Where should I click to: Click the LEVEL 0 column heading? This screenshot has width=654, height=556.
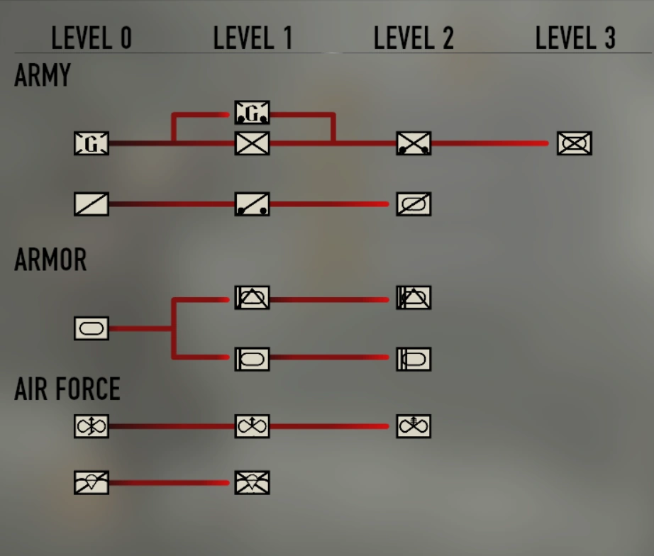pos(92,38)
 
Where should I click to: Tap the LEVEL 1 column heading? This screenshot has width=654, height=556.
pos(253,38)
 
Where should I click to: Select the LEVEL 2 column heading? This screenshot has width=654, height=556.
pos(414,38)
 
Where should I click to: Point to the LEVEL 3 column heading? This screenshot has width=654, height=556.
pos(575,38)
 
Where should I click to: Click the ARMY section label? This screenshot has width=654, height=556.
pos(43,75)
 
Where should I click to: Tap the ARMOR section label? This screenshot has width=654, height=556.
pos(50,260)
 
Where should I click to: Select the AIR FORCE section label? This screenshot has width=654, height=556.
pos(67,389)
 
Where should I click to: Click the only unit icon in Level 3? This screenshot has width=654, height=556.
pos(574,143)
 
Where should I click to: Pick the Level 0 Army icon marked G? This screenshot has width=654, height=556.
pos(92,144)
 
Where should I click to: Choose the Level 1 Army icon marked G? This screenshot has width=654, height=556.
pos(252,112)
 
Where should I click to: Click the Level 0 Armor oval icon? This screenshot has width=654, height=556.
pos(92,328)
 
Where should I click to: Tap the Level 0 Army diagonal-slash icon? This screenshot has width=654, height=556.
pos(92,204)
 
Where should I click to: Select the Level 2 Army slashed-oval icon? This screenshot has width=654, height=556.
pos(414,204)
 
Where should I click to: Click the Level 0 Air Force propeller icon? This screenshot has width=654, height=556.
pos(92,426)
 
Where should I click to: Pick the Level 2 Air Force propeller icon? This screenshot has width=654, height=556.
pos(414,426)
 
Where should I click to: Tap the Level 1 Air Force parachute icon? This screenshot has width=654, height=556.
pos(252,483)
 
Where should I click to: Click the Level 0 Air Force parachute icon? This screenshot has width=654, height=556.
pos(92,483)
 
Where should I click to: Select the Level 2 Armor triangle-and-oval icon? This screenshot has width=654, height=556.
pos(414,298)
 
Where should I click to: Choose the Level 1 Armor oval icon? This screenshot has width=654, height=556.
pos(252,360)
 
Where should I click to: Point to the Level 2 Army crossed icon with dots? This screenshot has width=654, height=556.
pos(414,143)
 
